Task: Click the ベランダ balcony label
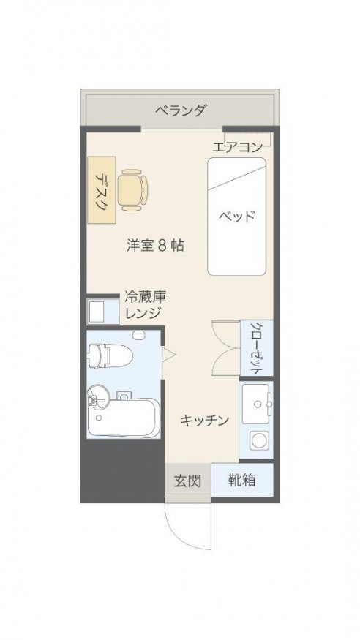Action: point(181,110)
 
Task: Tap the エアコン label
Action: point(237,147)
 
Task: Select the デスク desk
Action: point(101,189)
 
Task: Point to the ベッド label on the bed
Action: point(236,216)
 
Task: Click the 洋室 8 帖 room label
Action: point(154,246)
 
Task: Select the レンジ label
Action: point(143,313)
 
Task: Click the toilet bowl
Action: point(110,354)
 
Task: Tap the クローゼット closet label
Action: point(256,347)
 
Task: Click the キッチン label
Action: point(204,420)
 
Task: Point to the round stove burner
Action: point(258,441)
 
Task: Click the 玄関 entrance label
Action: point(187,481)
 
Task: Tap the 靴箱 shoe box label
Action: point(241,480)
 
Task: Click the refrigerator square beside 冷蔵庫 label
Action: point(97,312)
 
